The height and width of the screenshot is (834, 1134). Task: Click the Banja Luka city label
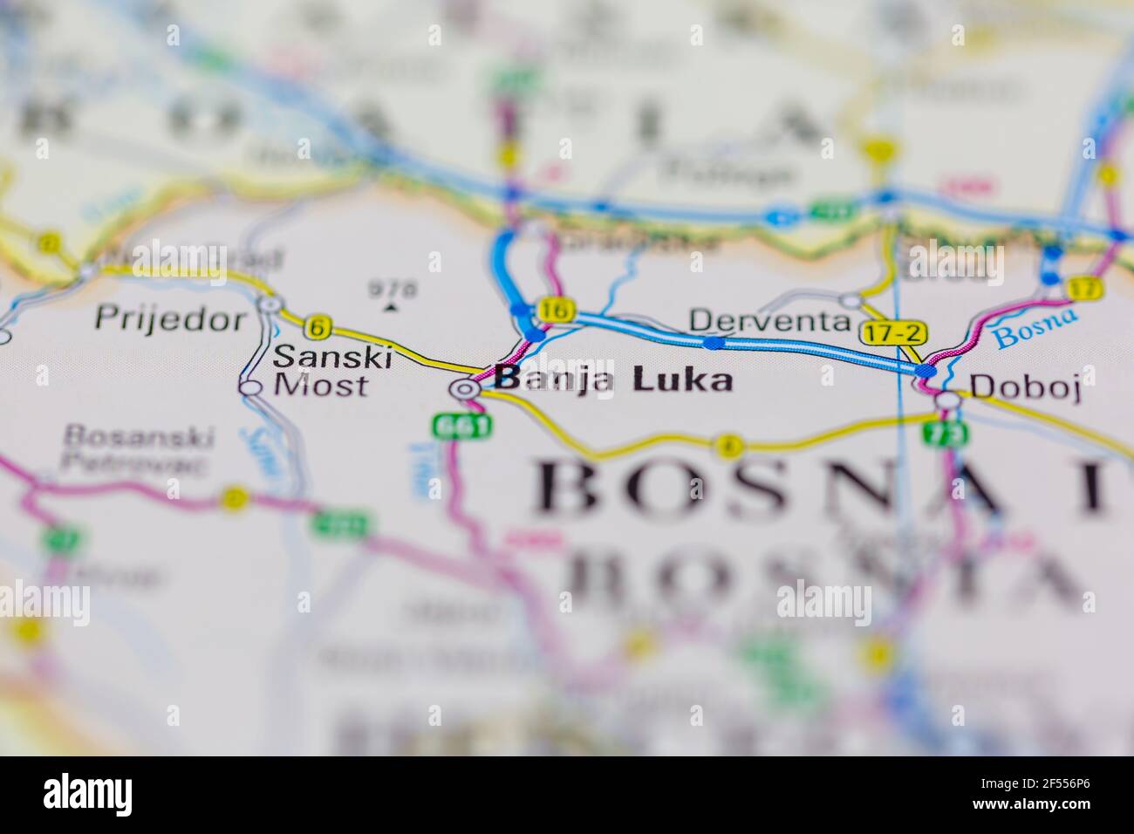pos(612,379)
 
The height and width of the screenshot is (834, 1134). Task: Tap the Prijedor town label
pos(171,318)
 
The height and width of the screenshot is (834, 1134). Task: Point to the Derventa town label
pos(769,320)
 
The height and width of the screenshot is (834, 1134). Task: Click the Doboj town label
pos(1025,386)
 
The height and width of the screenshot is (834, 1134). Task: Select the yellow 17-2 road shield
pos(894,333)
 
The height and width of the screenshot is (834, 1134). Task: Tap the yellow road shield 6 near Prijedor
pos(318,327)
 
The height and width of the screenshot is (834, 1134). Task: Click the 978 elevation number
pos(393,287)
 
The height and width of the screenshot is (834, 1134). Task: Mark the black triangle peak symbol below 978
pos(391,306)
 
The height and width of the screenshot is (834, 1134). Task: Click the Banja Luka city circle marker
pos(466,389)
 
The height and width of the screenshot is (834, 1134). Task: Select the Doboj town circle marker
pos(948,400)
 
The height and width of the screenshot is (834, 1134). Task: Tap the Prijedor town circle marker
pos(270,304)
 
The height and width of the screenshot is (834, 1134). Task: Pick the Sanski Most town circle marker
pos(250,386)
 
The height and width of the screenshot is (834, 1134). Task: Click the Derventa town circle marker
pos(850,301)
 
